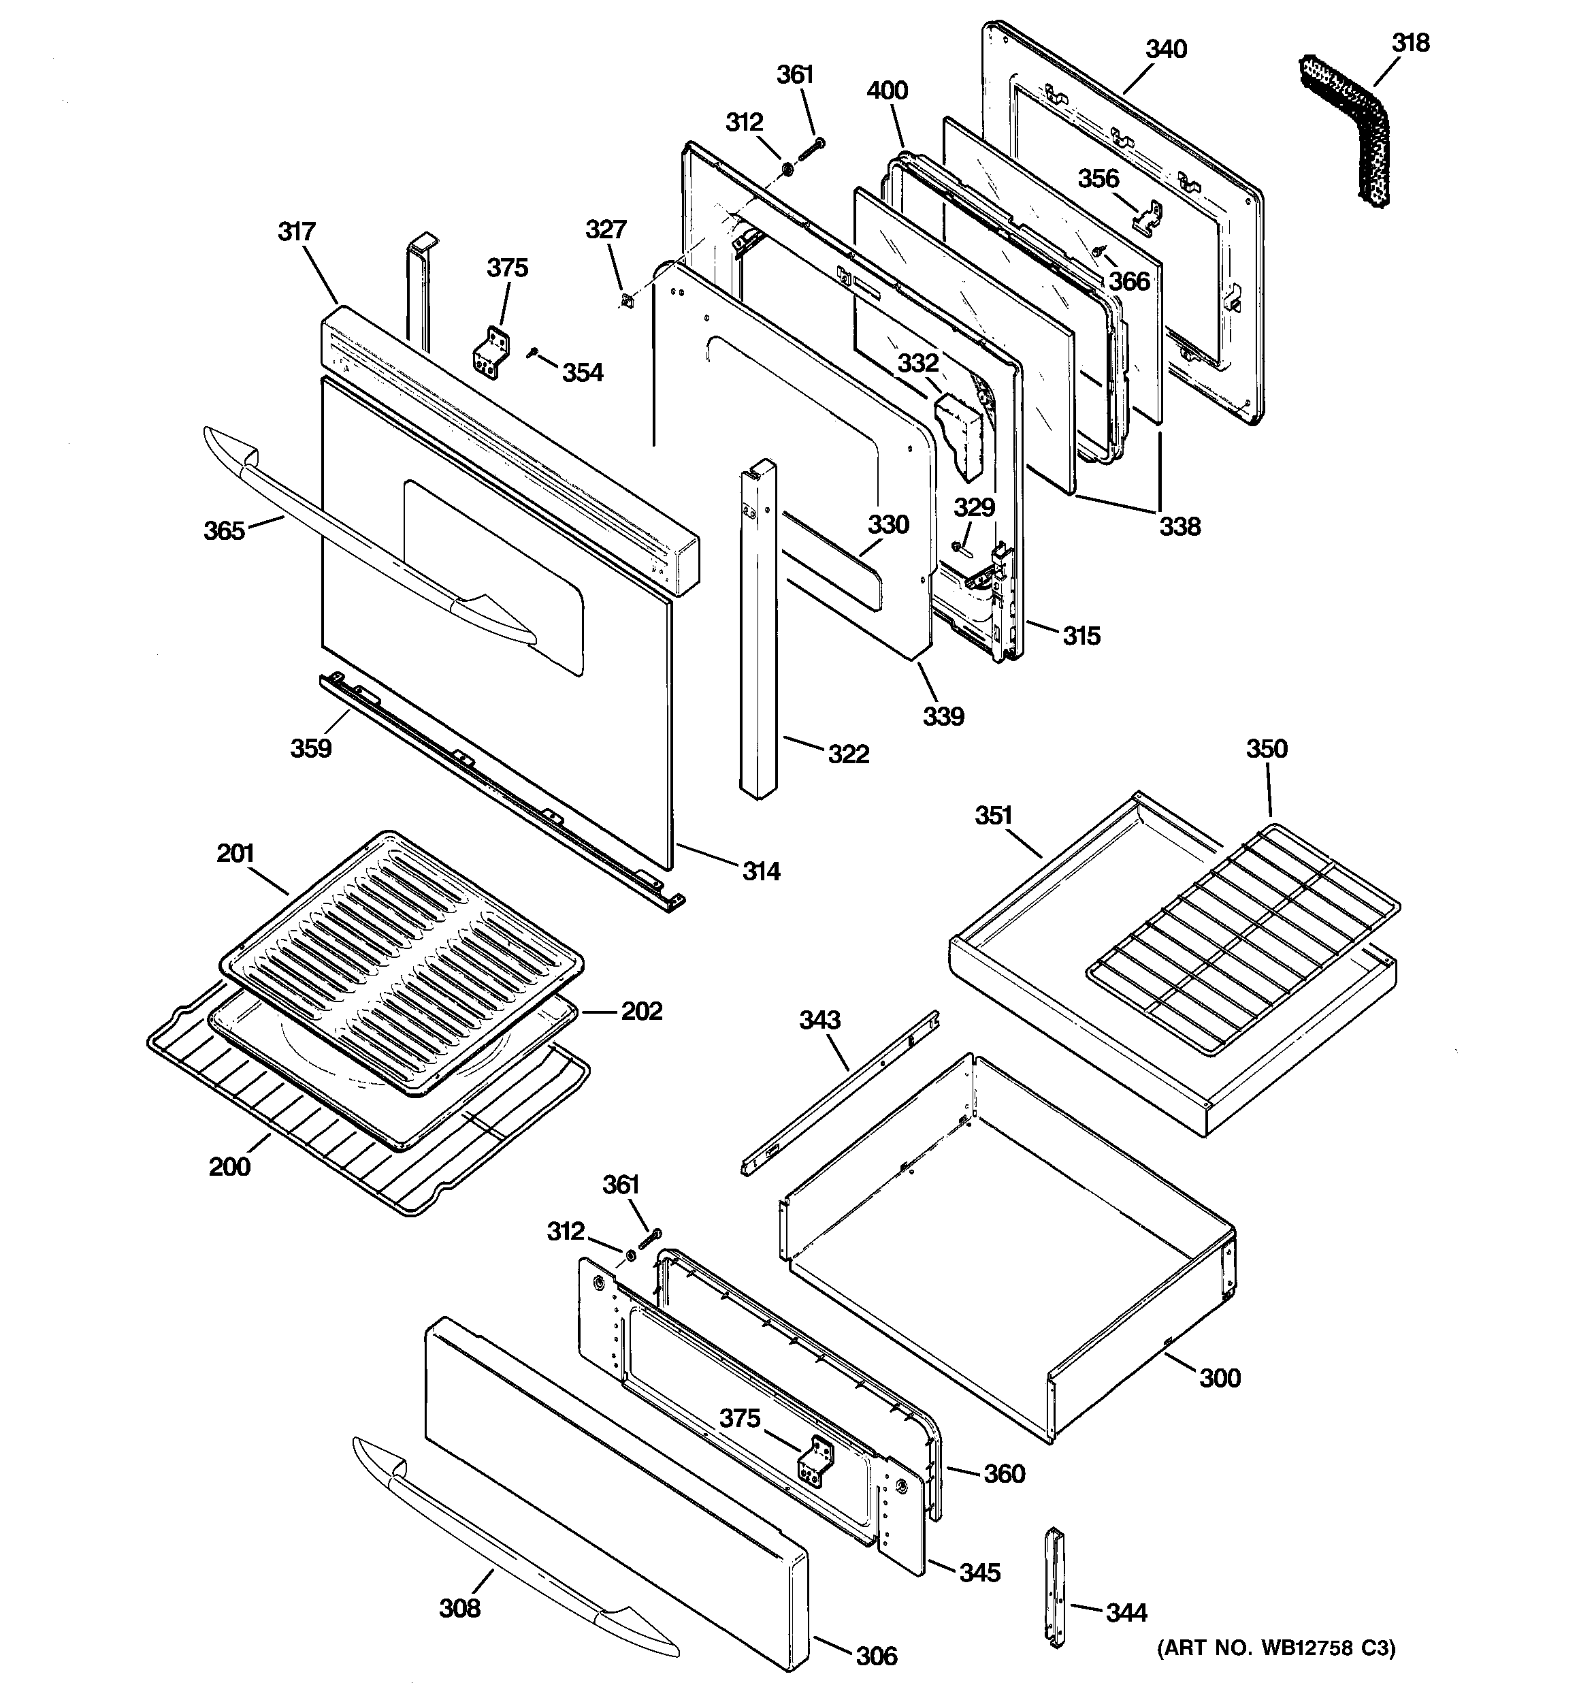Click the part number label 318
coord(1410,42)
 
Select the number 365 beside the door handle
coord(224,530)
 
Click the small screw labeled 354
coord(533,353)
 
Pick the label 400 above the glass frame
coord(888,91)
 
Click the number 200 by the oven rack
coord(229,1166)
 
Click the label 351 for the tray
coord(993,816)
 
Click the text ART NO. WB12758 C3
coord(1275,1648)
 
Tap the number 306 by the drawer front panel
coord(875,1655)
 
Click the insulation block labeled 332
coord(960,436)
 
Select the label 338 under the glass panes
coord(1179,526)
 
